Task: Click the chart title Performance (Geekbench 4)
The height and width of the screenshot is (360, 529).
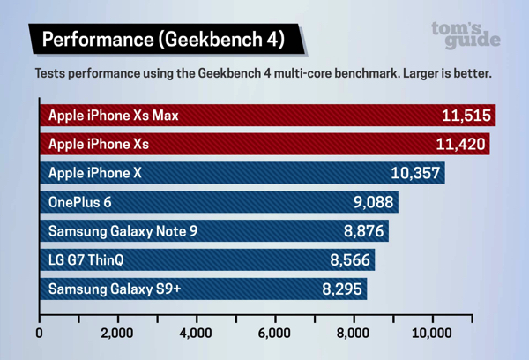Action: click(x=163, y=40)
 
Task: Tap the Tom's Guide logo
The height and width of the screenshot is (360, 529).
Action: click(x=466, y=34)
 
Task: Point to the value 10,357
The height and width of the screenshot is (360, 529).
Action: click(x=415, y=174)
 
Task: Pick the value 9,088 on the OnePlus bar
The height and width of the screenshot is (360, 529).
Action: click(x=373, y=203)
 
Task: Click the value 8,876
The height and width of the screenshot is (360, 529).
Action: click(x=363, y=232)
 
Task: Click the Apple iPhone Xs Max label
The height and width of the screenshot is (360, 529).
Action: click(x=114, y=116)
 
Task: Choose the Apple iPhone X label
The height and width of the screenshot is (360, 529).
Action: click(x=95, y=174)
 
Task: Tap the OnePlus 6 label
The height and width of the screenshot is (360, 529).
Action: click(x=80, y=203)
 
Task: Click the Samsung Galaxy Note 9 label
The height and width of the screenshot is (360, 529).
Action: click(x=123, y=232)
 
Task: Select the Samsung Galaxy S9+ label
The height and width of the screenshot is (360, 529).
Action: click(x=115, y=289)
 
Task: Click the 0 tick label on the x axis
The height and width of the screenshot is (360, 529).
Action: click(x=40, y=334)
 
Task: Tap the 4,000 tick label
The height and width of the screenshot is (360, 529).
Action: click(x=196, y=334)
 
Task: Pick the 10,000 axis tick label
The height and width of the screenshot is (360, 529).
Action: click(x=431, y=334)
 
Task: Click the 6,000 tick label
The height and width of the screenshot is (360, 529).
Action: click(x=274, y=334)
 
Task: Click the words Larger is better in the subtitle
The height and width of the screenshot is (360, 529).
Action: click(x=447, y=73)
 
